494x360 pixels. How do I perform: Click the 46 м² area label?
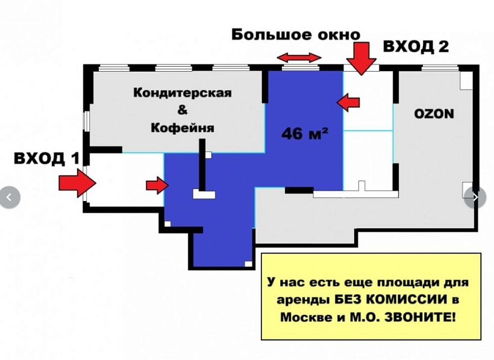[x=305, y=134]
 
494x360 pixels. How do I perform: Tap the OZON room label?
[x=434, y=114]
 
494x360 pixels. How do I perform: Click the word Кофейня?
[x=182, y=128]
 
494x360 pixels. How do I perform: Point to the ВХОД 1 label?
[x=47, y=159]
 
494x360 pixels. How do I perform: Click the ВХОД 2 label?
[x=416, y=47]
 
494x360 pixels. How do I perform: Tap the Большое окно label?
[x=295, y=35]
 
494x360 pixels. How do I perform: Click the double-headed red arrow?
[x=299, y=57]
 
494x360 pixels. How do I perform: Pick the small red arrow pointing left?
[x=348, y=102]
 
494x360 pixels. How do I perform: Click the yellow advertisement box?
[x=371, y=296]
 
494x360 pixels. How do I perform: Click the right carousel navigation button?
[x=476, y=197]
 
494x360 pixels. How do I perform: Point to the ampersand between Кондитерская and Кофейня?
[x=182, y=110]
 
